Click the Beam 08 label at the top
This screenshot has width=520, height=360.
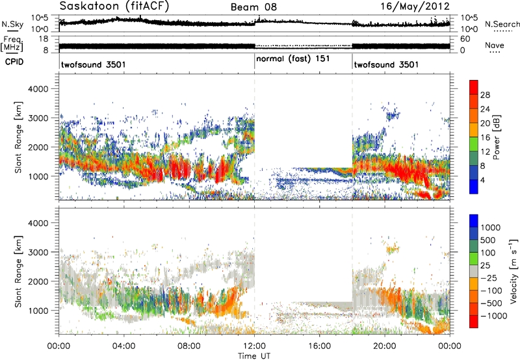253,7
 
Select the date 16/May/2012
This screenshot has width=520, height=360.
415,6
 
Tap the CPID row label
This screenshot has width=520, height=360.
14,62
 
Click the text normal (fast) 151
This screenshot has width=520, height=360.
293,59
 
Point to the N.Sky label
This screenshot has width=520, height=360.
12,24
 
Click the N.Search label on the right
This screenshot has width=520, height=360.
502,24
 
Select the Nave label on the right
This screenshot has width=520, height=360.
494,45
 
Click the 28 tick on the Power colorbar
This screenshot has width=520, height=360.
485,95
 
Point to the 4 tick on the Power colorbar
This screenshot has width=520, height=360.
483,181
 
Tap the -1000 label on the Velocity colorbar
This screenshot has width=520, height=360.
493,316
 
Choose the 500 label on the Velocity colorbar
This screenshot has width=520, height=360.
488,240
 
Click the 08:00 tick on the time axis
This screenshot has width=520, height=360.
189,346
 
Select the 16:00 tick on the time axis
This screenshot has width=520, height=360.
320,346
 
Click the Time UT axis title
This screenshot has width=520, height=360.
254,356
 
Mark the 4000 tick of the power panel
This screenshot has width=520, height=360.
38,89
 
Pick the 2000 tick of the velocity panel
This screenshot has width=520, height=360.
38,281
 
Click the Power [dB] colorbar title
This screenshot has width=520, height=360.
496,137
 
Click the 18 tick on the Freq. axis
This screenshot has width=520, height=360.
44,39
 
